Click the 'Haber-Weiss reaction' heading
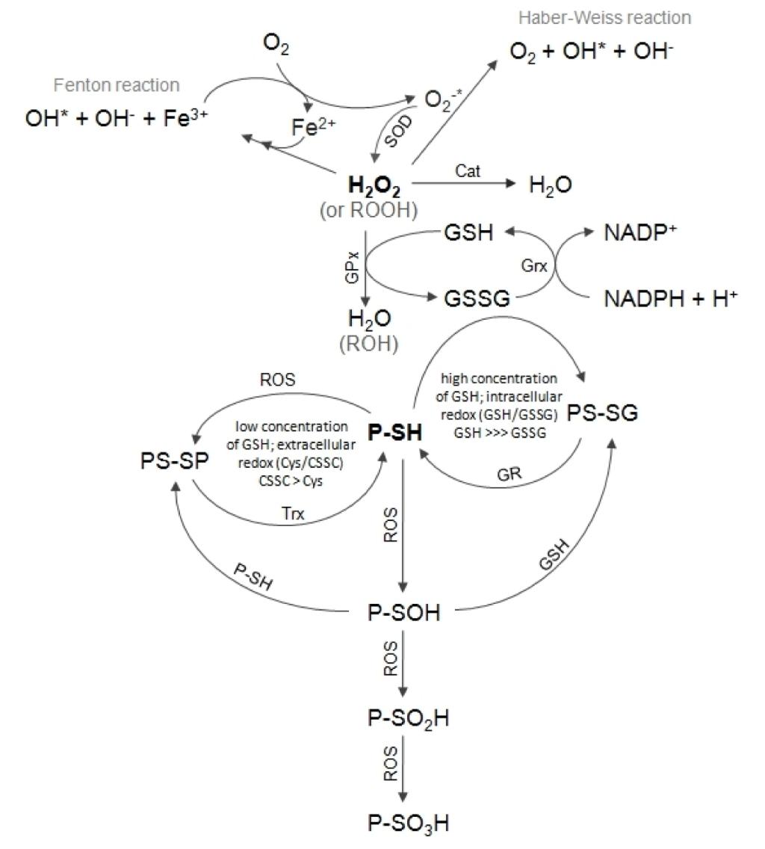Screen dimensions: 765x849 [x=604, y=17]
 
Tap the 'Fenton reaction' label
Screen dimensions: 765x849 [x=117, y=85]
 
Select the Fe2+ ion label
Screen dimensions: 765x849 [x=314, y=127]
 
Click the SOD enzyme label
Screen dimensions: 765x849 [x=398, y=131]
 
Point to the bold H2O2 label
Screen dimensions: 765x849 [x=374, y=186]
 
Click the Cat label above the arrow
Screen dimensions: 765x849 [x=467, y=171]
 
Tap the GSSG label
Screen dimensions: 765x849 [x=477, y=298]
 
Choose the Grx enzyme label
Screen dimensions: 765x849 [x=534, y=265]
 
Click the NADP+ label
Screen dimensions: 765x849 [x=640, y=232]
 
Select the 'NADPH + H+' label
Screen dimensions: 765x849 [x=671, y=298]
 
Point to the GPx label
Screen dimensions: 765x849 [x=352, y=266]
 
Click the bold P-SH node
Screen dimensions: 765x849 [x=394, y=433]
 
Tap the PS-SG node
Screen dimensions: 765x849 [x=603, y=413]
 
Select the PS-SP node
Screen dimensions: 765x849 [x=174, y=461]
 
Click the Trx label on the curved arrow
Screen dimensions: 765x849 [x=293, y=513]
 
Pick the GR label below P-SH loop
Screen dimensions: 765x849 [x=509, y=475]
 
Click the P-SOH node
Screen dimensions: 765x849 [x=404, y=612]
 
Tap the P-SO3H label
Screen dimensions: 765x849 [x=408, y=824]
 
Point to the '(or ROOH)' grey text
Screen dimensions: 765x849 [x=369, y=210]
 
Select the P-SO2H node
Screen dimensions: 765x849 [x=408, y=718]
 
